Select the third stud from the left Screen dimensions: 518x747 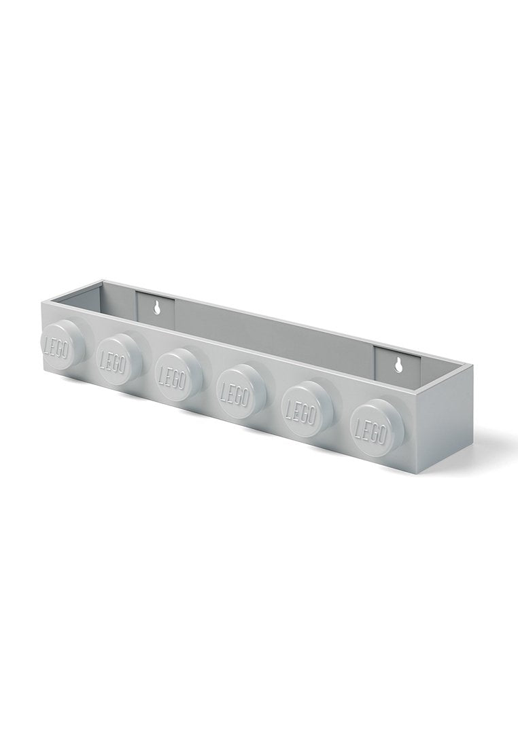click(178, 373)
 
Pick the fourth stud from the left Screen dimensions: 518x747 click(240, 390)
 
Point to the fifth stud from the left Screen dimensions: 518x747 click(305, 409)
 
